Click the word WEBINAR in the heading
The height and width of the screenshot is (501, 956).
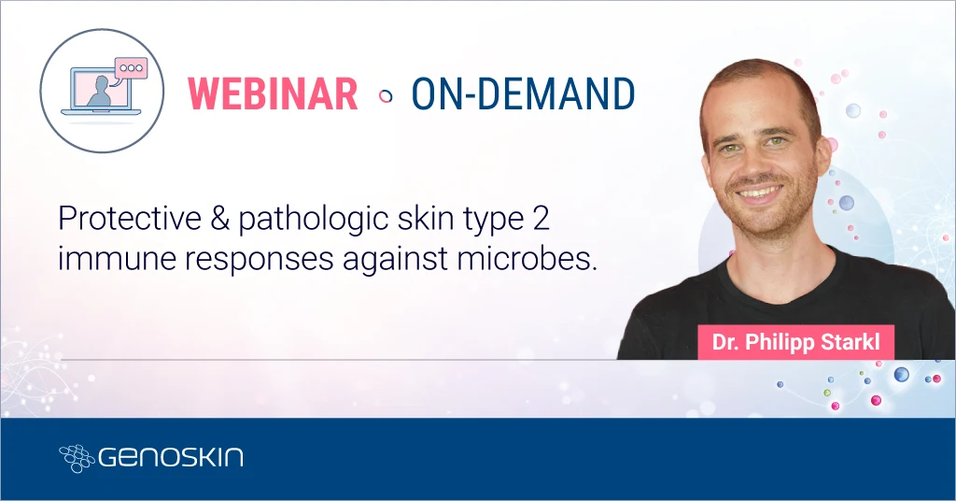[x=273, y=94]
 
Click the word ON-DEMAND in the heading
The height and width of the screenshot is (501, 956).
[x=523, y=94]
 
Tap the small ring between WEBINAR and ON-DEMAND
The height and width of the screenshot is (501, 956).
[x=385, y=95]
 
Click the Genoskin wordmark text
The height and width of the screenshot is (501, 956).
[x=171, y=458]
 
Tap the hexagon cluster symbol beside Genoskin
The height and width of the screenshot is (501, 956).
[x=76, y=458]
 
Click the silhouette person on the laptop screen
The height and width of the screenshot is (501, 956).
[x=98, y=92]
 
